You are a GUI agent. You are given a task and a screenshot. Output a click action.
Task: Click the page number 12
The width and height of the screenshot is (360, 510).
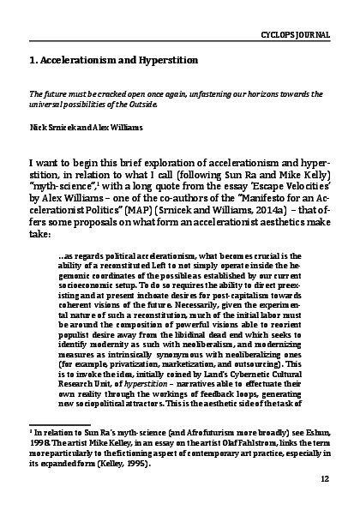(324, 480)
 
